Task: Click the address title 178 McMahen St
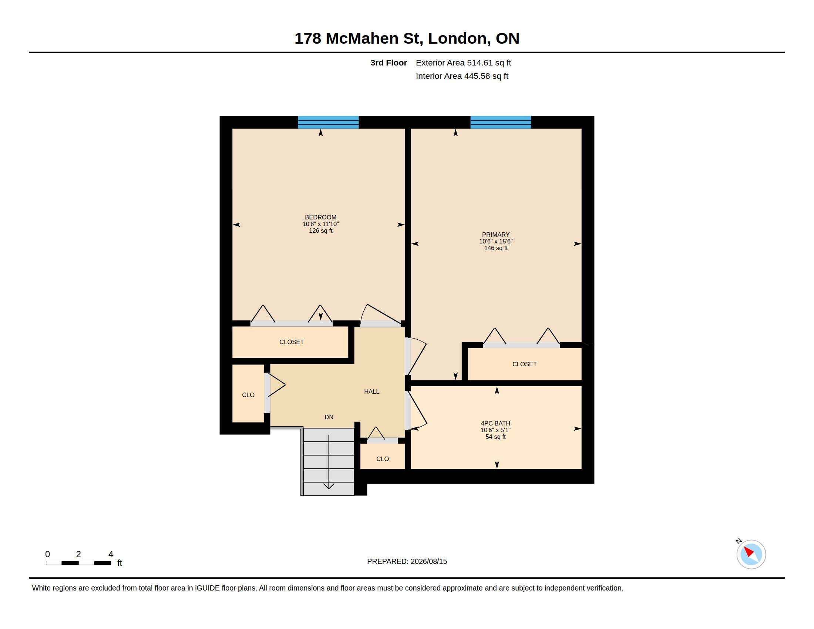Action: click(359, 38)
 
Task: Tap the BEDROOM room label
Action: click(320, 217)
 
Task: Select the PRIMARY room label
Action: click(496, 235)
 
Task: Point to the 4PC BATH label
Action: click(495, 423)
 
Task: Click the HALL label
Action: click(371, 391)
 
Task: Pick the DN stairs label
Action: click(329, 417)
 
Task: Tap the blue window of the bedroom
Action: click(328, 122)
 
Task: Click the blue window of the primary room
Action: click(501, 122)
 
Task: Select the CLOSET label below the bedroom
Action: click(292, 342)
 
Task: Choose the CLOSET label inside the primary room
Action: click(524, 364)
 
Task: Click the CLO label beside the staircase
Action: click(383, 459)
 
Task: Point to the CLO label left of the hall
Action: click(248, 395)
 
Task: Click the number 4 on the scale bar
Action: click(111, 554)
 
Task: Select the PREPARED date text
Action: click(407, 562)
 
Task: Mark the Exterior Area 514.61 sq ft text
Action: click(463, 63)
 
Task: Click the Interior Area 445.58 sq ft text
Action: click(462, 76)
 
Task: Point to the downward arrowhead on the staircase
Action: click(329, 486)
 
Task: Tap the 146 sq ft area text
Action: click(496, 248)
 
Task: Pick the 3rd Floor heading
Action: click(388, 63)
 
